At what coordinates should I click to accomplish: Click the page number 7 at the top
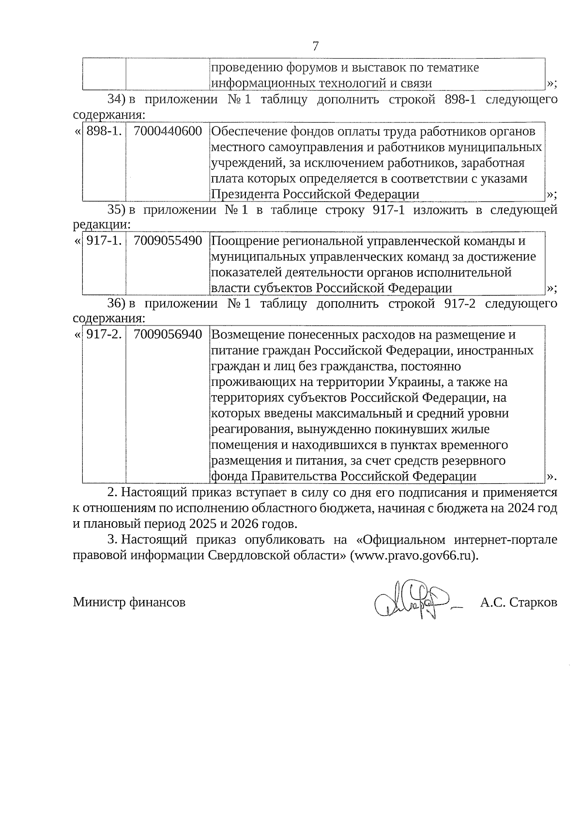[316, 47]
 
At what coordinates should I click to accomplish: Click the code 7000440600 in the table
[168, 131]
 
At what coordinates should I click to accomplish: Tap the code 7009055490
[168, 241]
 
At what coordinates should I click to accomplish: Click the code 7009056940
[168, 335]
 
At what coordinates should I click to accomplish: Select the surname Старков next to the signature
[533, 603]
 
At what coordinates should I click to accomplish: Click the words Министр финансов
[129, 603]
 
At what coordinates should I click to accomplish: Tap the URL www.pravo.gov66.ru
[414, 556]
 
